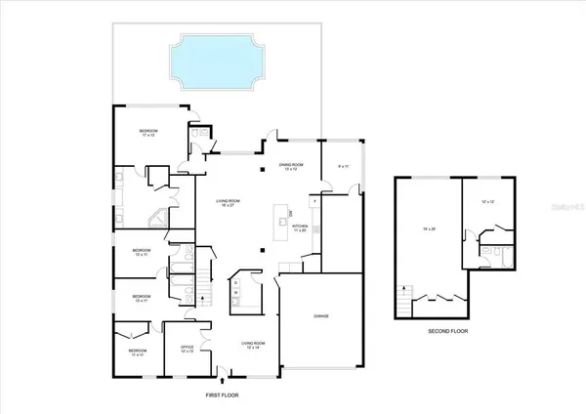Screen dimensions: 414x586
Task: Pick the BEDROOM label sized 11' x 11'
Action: tap(138, 352)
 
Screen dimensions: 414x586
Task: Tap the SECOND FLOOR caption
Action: tap(449, 332)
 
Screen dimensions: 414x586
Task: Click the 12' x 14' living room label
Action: tap(255, 346)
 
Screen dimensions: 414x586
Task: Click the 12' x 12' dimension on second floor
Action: tap(488, 202)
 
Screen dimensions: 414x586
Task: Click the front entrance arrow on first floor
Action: tap(224, 380)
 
